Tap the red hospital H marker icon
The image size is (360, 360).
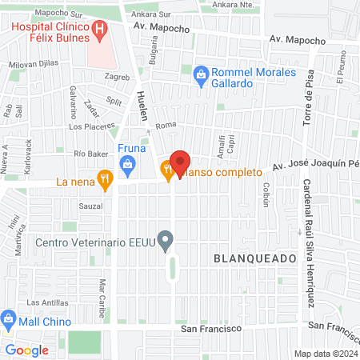[100, 32]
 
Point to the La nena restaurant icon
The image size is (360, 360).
[103, 181]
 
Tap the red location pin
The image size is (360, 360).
[180, 163]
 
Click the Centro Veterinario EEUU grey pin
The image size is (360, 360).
[166, 239]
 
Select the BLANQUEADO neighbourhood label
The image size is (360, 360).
[250, 257]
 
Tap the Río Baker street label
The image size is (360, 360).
[90, 153]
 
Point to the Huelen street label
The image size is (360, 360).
[143, 105]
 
